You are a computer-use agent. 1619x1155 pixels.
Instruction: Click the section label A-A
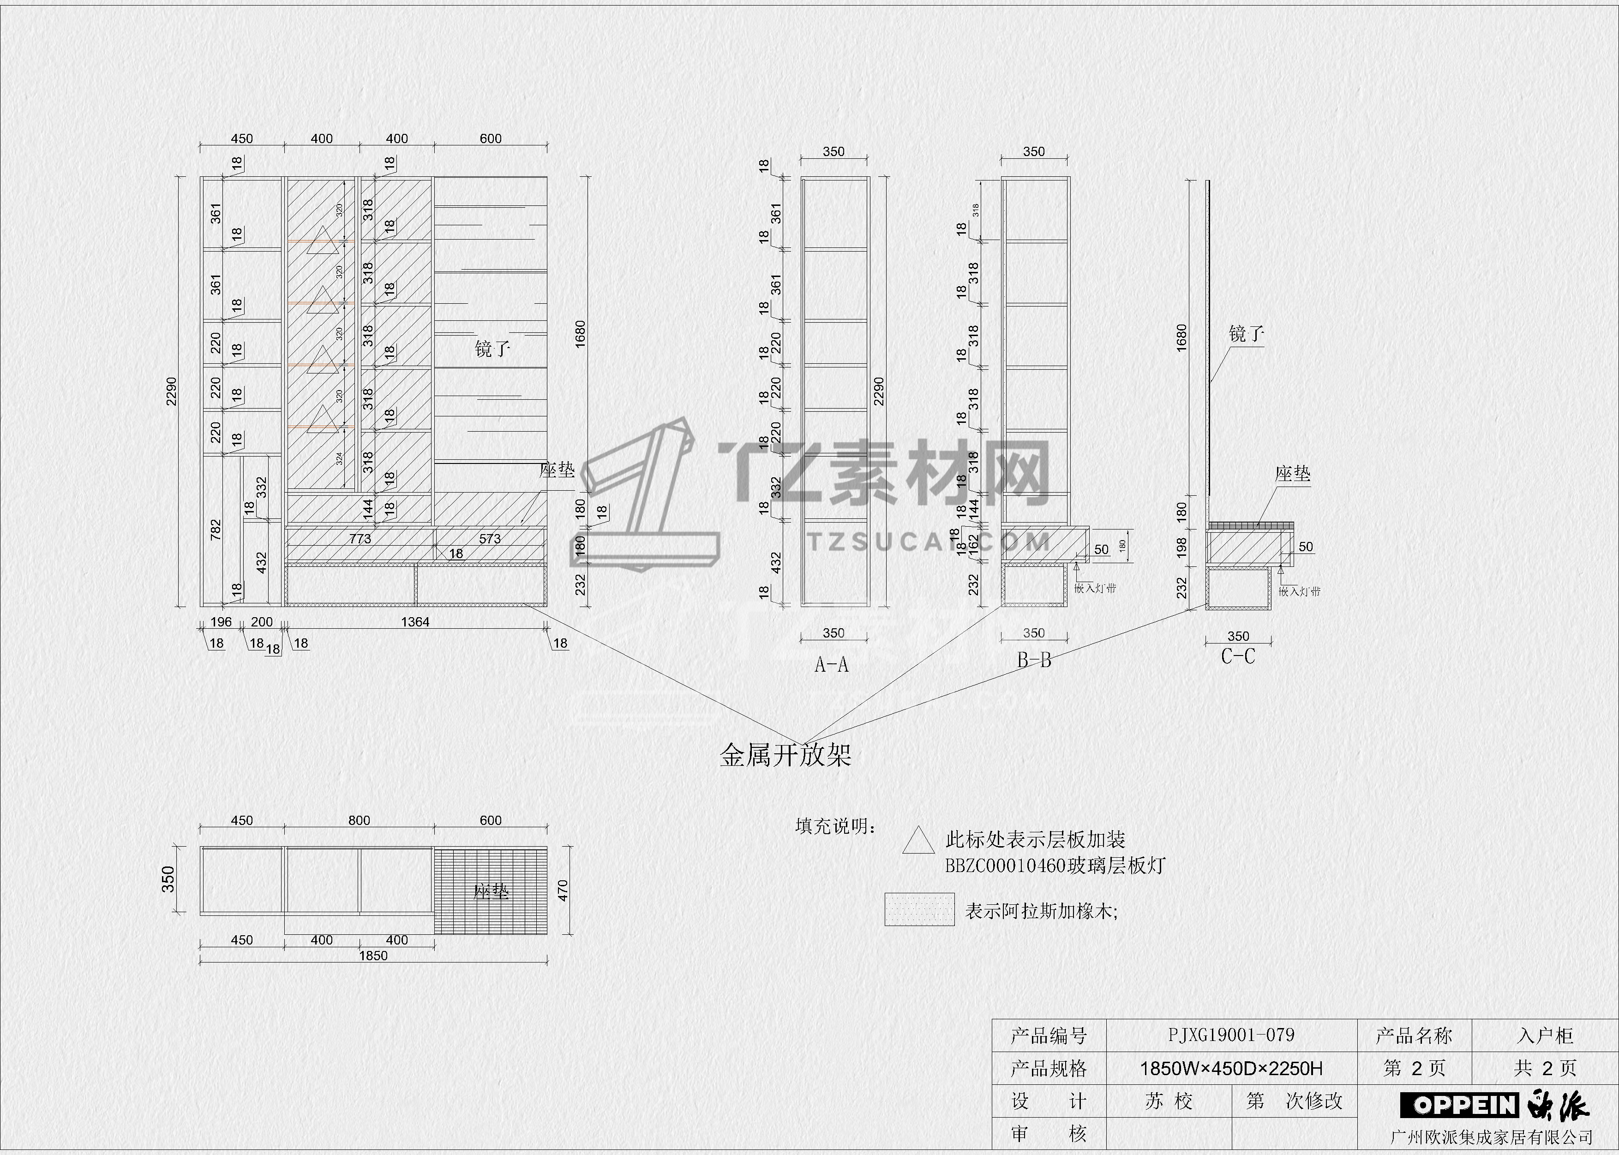(831, 665)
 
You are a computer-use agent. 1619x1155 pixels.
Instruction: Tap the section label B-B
(1034, 661)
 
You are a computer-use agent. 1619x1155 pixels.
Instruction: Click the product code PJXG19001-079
(1231, 1035)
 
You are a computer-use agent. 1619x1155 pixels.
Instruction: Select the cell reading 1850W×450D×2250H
(1231, 1068)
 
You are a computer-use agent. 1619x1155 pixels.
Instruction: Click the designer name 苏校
(1169, 1101)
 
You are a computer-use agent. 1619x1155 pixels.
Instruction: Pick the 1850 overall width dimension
(373, 955)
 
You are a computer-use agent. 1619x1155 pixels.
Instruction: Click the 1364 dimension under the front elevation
(415, 622)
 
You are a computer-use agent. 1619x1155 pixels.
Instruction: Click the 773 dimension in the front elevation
(360, 538)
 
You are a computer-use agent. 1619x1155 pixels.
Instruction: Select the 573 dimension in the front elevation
(490, 538)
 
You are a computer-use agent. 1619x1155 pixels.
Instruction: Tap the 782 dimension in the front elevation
(216, 529)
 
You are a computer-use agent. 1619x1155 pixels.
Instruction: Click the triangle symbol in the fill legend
(918, 841)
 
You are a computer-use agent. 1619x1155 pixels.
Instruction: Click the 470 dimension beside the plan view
(563, 890)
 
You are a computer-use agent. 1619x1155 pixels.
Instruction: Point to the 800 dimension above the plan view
(359, 820)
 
